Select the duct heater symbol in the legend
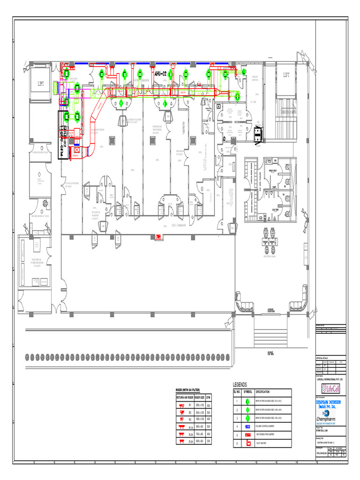248,443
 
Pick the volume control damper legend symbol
248,427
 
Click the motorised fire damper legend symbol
248,435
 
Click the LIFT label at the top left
41,84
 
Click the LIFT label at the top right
286,75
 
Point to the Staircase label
285,112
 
